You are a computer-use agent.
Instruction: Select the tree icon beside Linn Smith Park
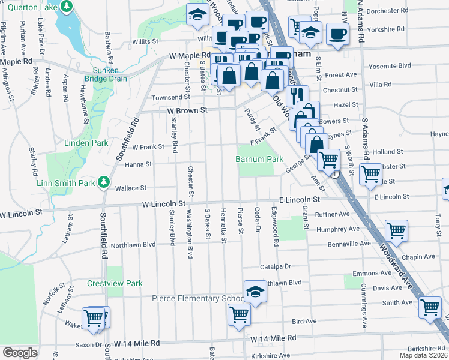click(x=104, y=181)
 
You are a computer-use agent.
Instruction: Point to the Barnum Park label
click(x=259, y=160)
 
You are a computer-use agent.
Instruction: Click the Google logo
click(x=20, y=353)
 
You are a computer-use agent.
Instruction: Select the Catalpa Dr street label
click(x=275, y=266)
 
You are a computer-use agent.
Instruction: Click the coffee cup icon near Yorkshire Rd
click(x=337, y=34)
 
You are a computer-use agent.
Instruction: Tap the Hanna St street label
click(x=138, y=164)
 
